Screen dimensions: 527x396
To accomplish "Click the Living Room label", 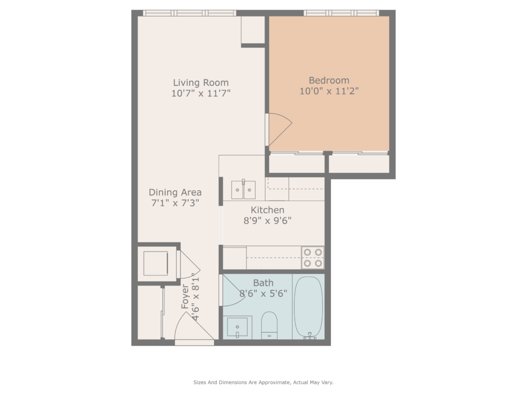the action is tap(201, 83).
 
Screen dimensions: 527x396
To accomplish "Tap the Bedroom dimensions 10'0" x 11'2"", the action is tap(329, 91).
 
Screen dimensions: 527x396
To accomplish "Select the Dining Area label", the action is tap(175, 192).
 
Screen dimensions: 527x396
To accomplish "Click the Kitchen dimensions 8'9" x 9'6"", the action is tap(267, 221).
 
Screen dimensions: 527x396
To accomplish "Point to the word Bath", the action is tap(263, 283).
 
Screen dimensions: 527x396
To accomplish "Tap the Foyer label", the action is tap(185, 296).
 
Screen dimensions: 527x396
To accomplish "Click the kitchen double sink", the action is tap(243, 190).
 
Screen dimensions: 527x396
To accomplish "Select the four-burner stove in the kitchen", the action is tap(313, 258).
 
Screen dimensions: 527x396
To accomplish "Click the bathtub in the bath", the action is tap(309, 307).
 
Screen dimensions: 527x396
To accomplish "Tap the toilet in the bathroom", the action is tap(269, 325).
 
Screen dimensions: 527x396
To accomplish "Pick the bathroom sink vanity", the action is tap(237, 327).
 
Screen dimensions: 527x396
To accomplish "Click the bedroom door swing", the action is tap(279, 129).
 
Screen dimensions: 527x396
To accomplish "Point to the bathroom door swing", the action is tap(233, 290).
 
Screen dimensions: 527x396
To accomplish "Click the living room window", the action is tap(189, 13).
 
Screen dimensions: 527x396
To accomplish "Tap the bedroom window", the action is tap(342, 13).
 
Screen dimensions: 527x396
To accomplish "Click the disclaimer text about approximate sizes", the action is tap(263, 382).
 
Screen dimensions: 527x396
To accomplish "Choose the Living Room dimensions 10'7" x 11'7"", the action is tap(201, 93).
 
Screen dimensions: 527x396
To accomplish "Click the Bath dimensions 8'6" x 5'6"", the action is tap(263, 293).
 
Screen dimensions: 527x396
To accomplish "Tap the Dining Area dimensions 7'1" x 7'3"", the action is tap(175, 203).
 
